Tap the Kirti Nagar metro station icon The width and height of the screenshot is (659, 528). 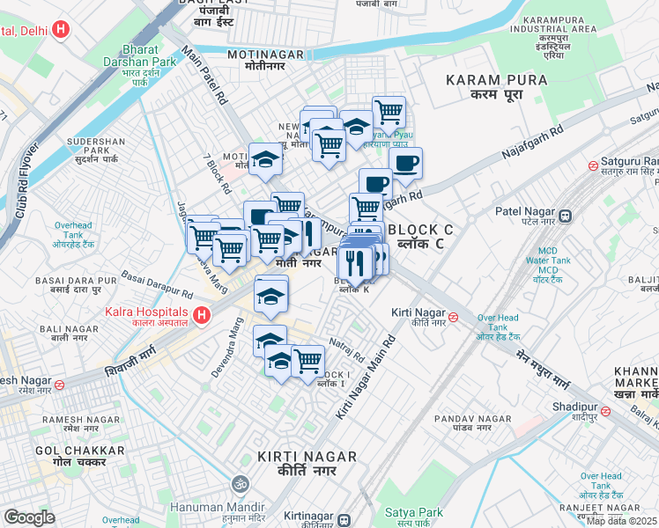tap(453, 317)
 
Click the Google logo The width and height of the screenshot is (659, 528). tap(29, 517)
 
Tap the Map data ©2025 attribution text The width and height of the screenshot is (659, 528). tap(622, 521)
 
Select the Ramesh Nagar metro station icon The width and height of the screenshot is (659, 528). tap(59, 384)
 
